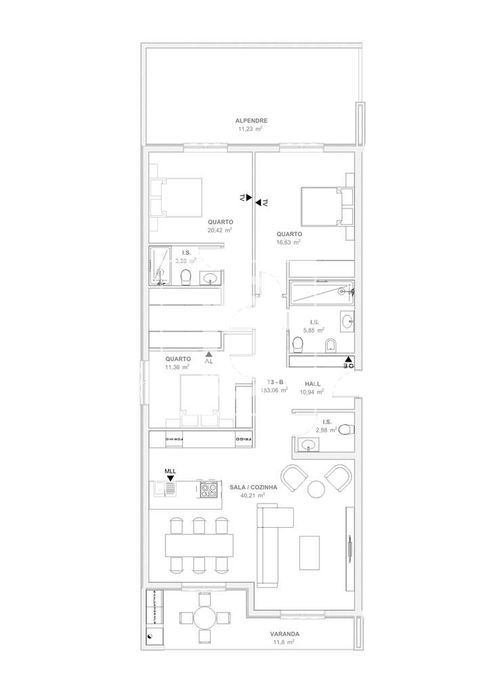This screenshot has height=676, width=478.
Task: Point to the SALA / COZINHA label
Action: pos(253,487)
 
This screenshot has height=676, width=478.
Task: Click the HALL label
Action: pos(313,382)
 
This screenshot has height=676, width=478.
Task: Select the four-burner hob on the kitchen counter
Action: pos(209,489)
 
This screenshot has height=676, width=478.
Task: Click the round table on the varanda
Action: pos(203,618)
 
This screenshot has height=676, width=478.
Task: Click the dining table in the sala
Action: pos(199,543)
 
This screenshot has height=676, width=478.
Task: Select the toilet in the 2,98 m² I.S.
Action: pos(345,429)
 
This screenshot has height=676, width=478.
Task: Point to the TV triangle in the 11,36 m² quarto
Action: pos(209,353)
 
